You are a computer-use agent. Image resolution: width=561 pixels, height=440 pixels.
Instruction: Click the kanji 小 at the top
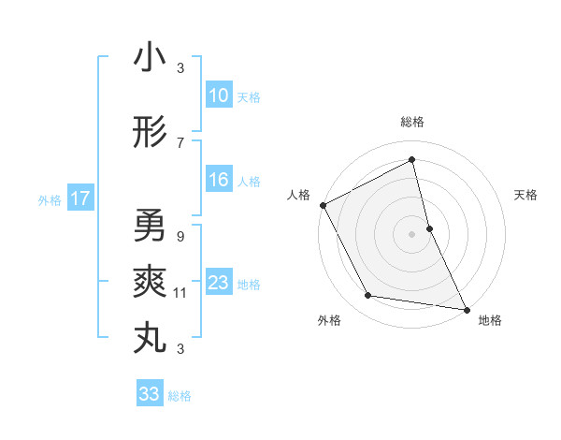coord(150,57)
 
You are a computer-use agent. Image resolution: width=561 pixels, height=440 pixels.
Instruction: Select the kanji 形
coord(150,133)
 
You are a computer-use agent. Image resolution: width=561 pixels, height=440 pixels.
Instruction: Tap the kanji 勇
coord(150,225)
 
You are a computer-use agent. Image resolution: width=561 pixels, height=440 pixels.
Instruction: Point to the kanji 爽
coord(150,281)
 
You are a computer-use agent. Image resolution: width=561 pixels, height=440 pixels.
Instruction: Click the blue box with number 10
coord(219,95)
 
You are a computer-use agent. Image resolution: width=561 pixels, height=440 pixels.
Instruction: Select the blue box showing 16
coord(219,180)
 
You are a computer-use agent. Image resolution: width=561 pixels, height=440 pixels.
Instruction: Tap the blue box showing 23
coord(219,283)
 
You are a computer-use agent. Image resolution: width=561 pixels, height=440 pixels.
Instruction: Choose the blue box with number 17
coord(79,198)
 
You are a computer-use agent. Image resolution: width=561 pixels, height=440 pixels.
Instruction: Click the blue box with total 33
coord(150,394)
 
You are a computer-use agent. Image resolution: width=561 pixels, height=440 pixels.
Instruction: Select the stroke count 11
coord(180,293)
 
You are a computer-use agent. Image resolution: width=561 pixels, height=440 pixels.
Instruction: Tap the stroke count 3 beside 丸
coord(180,349)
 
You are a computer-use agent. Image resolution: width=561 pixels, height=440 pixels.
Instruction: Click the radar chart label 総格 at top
coord(411,122)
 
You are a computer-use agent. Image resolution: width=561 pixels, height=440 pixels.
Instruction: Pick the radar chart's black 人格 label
coord(298,195)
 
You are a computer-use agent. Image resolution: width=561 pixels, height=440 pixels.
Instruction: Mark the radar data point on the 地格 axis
coord(466,309)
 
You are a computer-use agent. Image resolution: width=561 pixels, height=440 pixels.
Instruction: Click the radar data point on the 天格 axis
coord(429,227)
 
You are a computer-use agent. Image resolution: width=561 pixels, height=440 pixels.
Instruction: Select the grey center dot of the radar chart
coord(411,233)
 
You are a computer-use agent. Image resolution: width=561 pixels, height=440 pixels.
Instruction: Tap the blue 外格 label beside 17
coord(49,199)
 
